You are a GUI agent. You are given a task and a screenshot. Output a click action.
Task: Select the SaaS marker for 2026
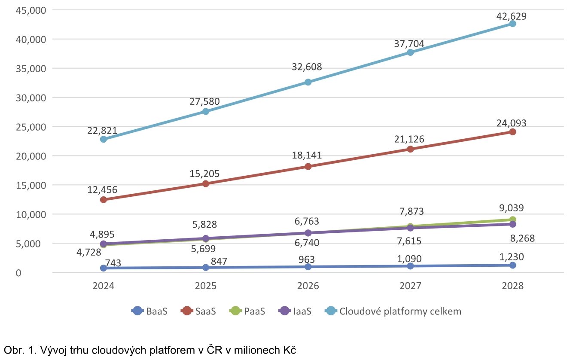coord(308,166)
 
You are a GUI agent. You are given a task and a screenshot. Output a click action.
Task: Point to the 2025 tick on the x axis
coord(205,286)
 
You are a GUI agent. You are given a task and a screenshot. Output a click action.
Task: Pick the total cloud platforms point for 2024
coord(103,139)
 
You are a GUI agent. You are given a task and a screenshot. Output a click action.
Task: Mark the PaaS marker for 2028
coord(512,220)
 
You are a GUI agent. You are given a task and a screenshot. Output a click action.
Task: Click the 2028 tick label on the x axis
coord(512,286)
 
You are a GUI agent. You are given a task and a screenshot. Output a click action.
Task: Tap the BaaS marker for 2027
coord(410,266)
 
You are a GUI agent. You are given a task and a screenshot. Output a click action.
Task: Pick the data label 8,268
coord(521,238)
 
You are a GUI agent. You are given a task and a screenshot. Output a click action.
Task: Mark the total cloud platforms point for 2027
coord(410,52)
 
